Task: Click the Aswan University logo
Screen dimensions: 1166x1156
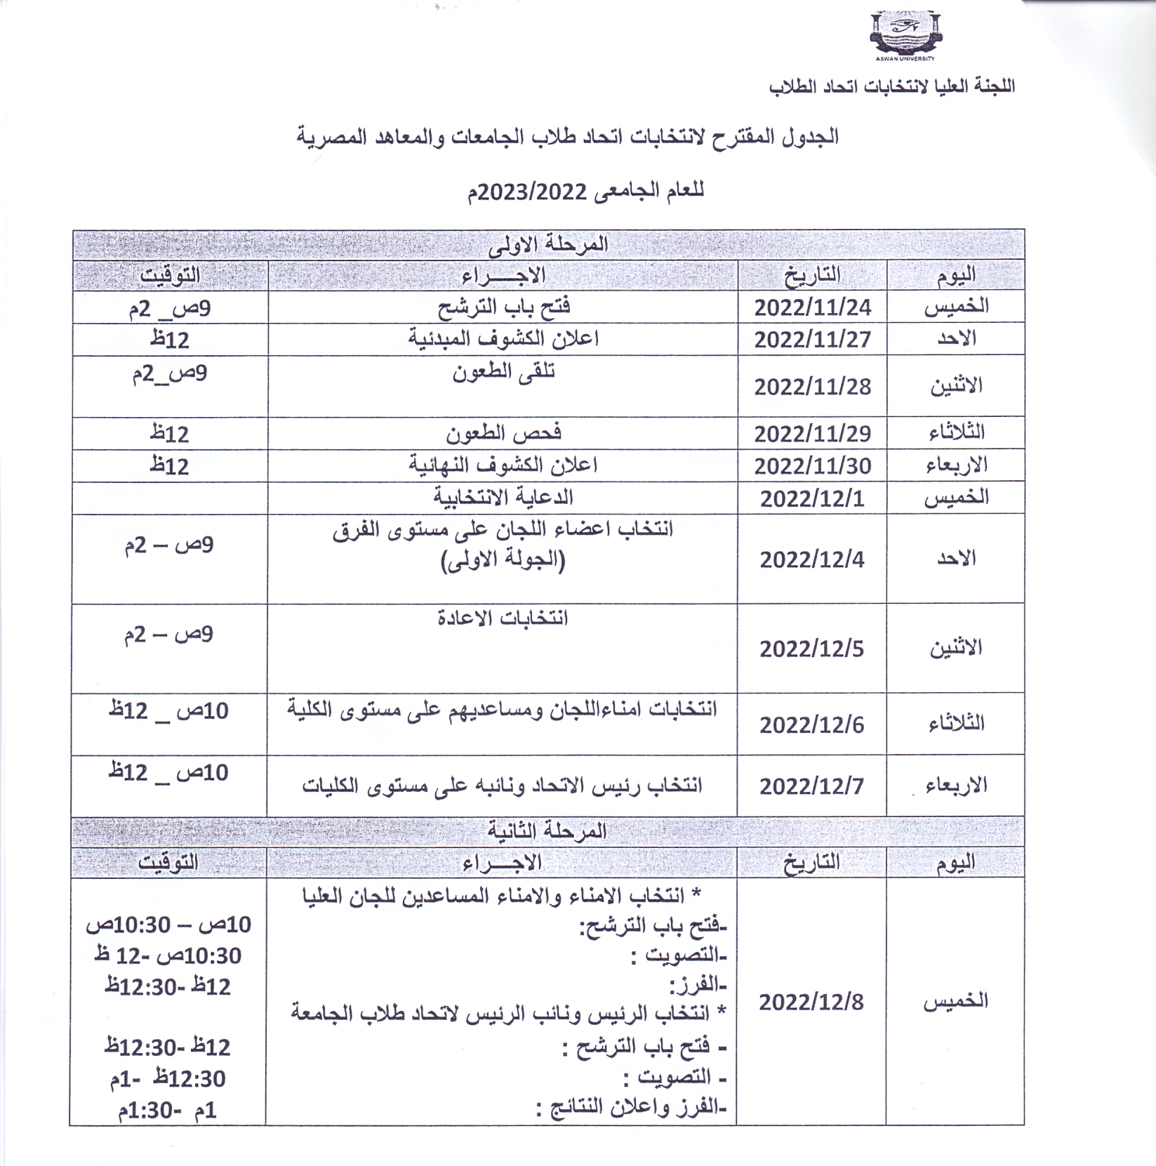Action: click(x=905, y=35)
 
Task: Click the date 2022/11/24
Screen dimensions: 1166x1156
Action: click(x=812, y=307)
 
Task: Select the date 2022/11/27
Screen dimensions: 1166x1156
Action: click(x=812, y=340)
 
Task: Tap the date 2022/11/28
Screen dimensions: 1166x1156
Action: click(x=812, y=387)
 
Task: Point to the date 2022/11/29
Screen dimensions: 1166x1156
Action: click(x=812, y=434)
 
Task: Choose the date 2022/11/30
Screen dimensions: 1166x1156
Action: click(x=812, y=466)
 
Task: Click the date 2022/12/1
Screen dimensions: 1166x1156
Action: click(x=812, y=498)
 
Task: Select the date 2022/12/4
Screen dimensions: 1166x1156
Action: click(x=812, y=559)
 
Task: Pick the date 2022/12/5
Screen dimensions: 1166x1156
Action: click(x=812, y=649)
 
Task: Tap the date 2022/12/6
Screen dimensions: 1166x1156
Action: click(x=812, y=724)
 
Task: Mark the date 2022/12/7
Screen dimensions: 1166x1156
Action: click(x=812, y=786)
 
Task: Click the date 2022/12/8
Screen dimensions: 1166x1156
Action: click(x=811, y=1002)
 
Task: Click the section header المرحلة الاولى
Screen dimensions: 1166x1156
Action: click(x=548, y=244)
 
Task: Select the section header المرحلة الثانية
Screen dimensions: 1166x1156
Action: click(x=547, y=831)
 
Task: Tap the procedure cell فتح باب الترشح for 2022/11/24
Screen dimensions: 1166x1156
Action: click(x=503, y=307)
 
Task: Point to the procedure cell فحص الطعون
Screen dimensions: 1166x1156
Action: click(x=503, y=433)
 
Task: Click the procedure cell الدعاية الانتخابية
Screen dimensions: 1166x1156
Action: click(x=503, y=498)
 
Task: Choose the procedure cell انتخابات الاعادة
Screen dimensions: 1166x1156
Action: click(x=503, y=618)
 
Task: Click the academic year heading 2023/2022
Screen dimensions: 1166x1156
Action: click(x=586, y=191)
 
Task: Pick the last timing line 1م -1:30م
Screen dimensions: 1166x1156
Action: click(x=168, y=1111)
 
